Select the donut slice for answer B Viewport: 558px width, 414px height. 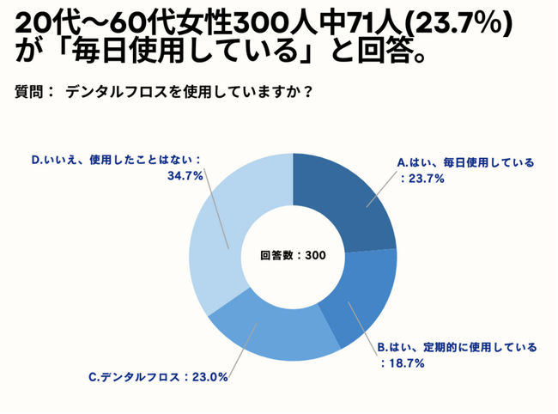[x=361, y=296]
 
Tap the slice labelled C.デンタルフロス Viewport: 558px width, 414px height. [x=270, y=331]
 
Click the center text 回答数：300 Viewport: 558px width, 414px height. [x=293, y=255]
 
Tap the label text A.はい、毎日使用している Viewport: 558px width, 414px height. [x=464, y=161]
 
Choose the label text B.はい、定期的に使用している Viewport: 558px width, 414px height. [x=458, y=348]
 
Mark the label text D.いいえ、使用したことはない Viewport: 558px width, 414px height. [x=116, y=160]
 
